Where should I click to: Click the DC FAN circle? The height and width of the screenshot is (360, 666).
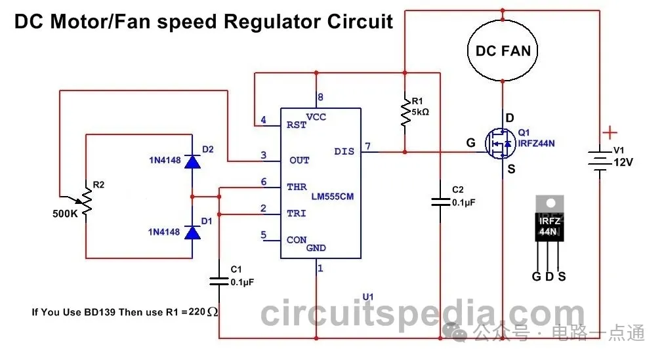[503, 50]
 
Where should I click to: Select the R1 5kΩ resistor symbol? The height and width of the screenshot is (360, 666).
[405, 112]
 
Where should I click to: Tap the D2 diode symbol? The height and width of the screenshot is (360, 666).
[192, 161]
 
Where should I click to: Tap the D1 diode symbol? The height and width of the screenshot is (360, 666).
[192, 232]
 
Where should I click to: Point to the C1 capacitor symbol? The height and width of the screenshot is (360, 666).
[219, 281]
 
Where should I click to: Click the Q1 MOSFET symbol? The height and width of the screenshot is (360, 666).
[499, 143]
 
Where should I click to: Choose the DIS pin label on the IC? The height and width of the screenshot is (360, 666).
[343, 151]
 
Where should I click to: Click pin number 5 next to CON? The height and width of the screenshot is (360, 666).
[263, 235]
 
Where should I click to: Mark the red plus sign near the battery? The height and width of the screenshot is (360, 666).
[610, 132]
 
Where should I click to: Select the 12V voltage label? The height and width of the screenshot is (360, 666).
[623, 162]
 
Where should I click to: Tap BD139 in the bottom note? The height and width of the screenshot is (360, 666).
[99, 311]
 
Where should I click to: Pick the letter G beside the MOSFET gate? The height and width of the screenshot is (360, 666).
[470, 142]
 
